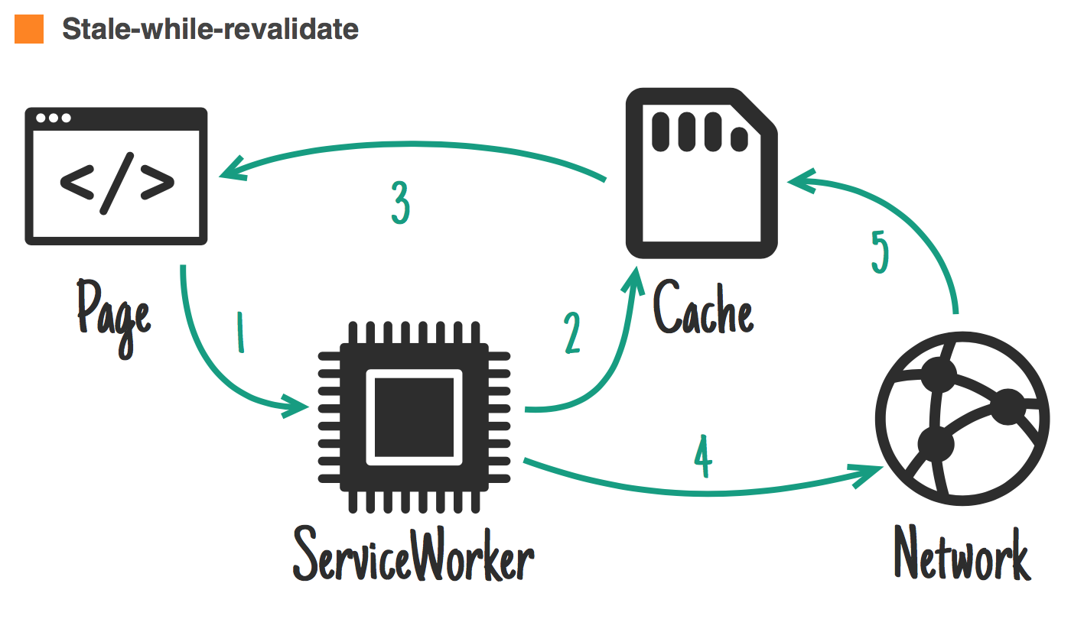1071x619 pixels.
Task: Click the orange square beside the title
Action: [29, 29]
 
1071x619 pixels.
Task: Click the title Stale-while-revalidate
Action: [210, 29]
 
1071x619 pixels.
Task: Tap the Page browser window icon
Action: [116, 176]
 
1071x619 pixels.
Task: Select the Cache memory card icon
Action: [702, 174]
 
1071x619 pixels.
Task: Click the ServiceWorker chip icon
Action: [415, 416]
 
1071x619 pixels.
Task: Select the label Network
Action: [962, 554]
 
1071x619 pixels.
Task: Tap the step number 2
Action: [572, 334]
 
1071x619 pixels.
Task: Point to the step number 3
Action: [399, 203]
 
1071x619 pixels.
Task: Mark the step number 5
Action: [881, 251]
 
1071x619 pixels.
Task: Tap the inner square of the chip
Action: [415, 417]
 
